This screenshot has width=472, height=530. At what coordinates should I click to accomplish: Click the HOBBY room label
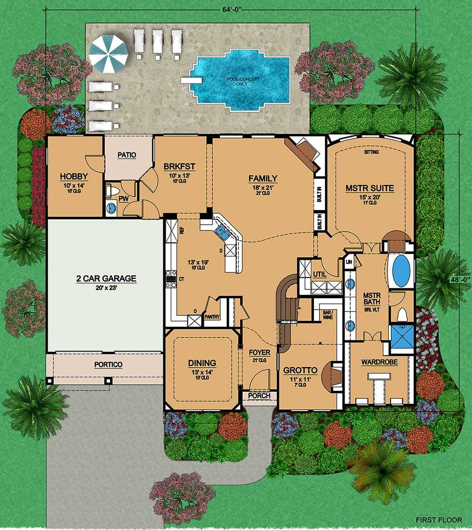point(74,176)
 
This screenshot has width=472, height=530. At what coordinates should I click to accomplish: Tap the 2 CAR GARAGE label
point(106,278)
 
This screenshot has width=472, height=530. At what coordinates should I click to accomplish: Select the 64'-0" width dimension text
point(231,9)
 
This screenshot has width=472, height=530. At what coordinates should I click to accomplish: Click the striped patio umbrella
point(108,54)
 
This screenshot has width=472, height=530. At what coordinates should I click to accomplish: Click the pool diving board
point(191,80)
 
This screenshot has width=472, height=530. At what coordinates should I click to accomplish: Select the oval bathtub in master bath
point(401,271)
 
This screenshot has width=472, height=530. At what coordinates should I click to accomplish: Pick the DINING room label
point(202,363)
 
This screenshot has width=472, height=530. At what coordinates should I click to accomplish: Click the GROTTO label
point(300,370)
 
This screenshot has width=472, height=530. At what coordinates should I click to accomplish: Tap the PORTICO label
point(108,365)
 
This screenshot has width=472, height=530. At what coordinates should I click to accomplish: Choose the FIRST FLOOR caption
point(439,520)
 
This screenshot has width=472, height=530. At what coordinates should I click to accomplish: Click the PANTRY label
point(212,317)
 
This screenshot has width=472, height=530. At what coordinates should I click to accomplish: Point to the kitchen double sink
point(222,232)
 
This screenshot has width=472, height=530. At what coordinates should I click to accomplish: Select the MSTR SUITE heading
point(370,188)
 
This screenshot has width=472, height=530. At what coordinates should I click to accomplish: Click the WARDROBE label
point(379,362)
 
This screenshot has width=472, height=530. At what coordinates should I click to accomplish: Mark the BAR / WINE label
point(328,315)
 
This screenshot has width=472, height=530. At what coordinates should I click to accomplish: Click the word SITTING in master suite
point(371,152)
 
